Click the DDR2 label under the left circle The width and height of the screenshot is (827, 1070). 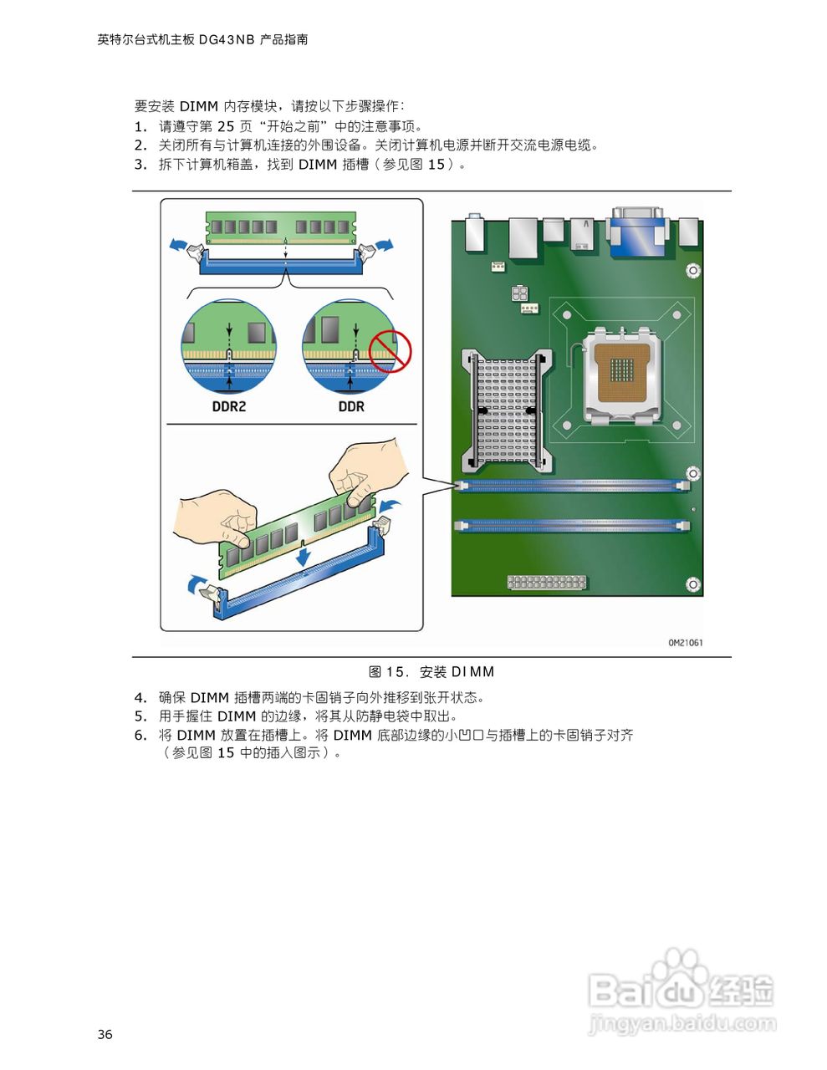coord(228,406)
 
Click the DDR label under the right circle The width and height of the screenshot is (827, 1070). coord(351,406)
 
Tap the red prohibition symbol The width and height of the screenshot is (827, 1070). coord(391,350)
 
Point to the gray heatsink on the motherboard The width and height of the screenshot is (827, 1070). coord(506,409)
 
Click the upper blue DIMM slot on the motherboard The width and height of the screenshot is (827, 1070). coord(573,485)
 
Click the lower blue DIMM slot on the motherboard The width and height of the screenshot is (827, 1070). coord(573,526)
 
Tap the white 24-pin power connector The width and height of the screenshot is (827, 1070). coord(546,582)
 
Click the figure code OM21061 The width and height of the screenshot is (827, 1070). coord(685,643)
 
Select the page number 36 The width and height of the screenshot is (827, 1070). coord(105,1035)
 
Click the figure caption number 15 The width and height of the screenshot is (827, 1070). coord(396,672)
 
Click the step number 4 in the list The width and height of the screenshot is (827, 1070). coord(140,697)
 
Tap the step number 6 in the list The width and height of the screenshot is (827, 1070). coord(140,736)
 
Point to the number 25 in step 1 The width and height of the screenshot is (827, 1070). coord(226,126)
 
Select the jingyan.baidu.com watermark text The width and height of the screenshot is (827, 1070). coord(682,1023)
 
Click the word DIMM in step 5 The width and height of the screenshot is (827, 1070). coord(237,716)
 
